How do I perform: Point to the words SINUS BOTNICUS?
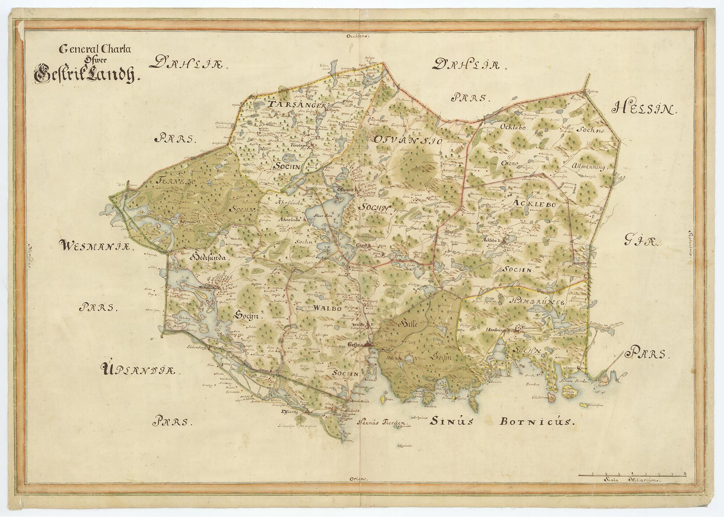click(x=502, y=421)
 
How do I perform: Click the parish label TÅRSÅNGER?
click(x=295, y=104)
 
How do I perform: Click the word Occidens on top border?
click(x=357, y=36)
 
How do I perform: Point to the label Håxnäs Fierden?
click(x=382, y=422)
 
